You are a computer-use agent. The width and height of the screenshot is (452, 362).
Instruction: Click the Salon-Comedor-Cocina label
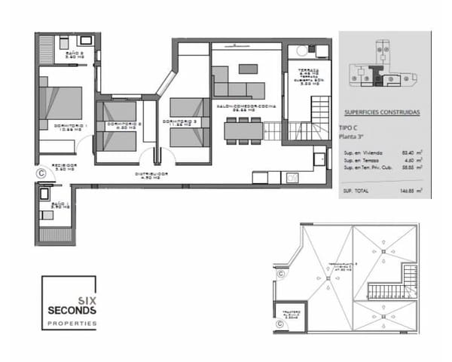[246, 107]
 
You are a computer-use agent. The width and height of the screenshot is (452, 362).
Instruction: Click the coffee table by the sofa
[248, 69]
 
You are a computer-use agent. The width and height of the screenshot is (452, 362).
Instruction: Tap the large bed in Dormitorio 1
[63, 103]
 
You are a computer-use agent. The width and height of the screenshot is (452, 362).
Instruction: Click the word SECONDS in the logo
[72, 310]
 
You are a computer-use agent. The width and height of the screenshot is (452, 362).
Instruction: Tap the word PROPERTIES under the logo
[72, 324]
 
